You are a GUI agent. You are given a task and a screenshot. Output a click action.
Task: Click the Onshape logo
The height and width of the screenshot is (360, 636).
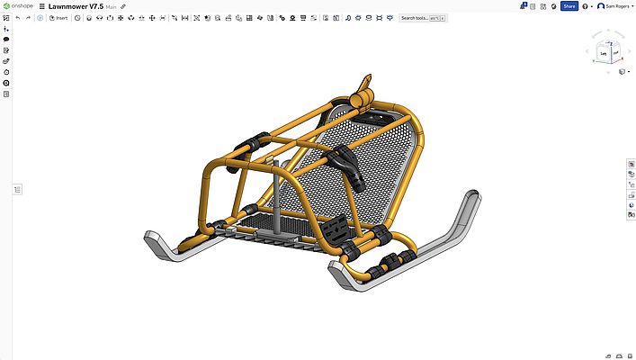(18, 6)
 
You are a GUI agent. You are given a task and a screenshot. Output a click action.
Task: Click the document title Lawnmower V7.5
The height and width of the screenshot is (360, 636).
(76, 6)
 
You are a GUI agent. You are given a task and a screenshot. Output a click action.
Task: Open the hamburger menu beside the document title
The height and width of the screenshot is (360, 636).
(41, 6)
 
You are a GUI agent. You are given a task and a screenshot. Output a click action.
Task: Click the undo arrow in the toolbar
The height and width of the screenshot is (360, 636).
(18, 18)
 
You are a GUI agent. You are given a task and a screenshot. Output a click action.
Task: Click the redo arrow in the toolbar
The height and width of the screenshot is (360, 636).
(28, 18)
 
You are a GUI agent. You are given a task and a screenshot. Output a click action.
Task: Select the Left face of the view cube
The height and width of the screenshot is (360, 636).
(604, 54)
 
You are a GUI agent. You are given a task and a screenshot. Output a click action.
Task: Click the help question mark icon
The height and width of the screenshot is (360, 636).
(585, 6)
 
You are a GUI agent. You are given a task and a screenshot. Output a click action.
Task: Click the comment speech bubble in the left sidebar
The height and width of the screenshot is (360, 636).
(6, 40)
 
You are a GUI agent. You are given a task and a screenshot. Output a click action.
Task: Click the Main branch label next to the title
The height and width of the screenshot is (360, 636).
(111, 7)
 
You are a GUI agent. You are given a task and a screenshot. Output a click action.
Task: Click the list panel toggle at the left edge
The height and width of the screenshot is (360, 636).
(17, 189)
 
